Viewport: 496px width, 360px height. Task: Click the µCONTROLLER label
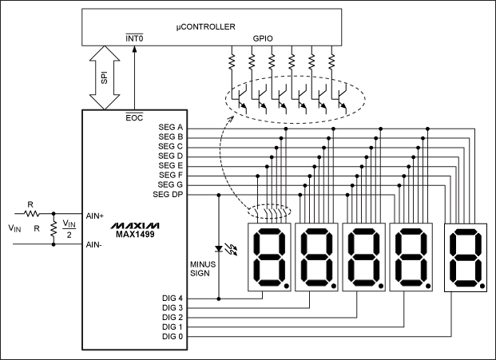click(x=206, y=26)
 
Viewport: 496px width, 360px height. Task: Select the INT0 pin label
click(x=133, y=37)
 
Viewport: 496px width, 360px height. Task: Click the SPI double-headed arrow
click(x=103, y=77)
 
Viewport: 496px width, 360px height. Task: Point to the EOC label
click(x=134, y=118)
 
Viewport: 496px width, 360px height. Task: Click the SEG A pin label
click(x=172, y=128)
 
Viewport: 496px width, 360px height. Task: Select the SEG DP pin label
click(x=169, y=194)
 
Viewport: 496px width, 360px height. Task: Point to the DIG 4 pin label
click(x=173, y=298)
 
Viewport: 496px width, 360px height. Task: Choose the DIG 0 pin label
click(x=173, y=336)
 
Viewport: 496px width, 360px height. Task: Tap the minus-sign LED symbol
click(x=220, y=247)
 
